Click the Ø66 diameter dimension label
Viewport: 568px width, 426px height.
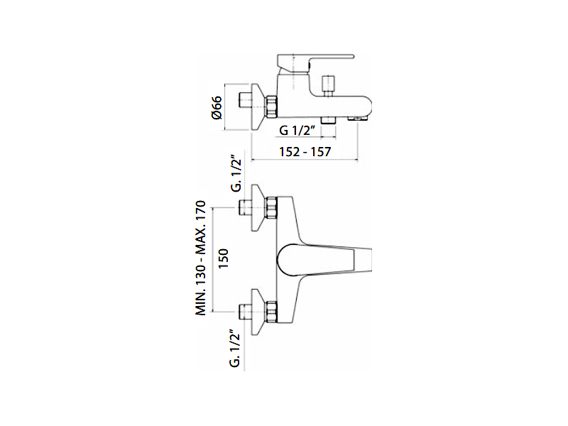(217, 107)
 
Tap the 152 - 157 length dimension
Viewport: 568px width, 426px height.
(305, 152)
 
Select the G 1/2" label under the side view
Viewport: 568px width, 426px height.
(298, 130)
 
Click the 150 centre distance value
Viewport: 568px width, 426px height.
(224, 258)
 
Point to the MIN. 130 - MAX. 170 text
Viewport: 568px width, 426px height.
(201, 258)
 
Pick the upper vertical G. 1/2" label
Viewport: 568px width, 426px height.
(236, 174)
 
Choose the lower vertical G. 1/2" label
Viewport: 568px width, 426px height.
(236, 348)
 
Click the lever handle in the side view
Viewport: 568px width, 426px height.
(315, 62)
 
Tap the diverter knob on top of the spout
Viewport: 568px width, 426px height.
(329, 84)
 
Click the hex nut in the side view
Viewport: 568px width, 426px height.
(271, 107)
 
